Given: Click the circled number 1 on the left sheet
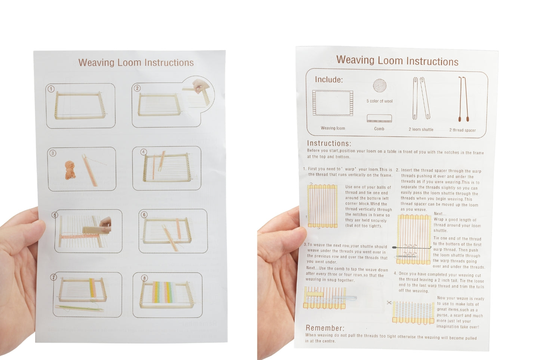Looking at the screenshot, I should [x=51, y=89].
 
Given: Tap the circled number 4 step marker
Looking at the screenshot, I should [x=143, y=152].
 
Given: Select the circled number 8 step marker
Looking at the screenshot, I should [x=145, y=278].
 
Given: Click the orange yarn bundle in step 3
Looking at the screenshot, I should [x=70, y=170].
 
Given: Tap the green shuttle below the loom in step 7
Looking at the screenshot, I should [x=79, y=308].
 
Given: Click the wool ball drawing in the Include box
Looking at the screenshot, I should [x=379, y=86].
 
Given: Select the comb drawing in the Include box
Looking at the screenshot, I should [x=379, y=119].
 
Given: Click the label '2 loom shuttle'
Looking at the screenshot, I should [x=421, y=129].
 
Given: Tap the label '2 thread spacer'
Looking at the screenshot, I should [x=462, y=130].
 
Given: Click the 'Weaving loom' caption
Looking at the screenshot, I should [x=333, y=128].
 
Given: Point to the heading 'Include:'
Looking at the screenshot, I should [x=328, y=80].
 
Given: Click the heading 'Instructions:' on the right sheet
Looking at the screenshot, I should [x=329, y=143].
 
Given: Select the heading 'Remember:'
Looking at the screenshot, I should [x=325, y=328].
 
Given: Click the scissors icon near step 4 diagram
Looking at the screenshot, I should [x=389, y=302].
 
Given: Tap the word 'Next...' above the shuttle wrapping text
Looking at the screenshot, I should [x=440, y=214].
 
